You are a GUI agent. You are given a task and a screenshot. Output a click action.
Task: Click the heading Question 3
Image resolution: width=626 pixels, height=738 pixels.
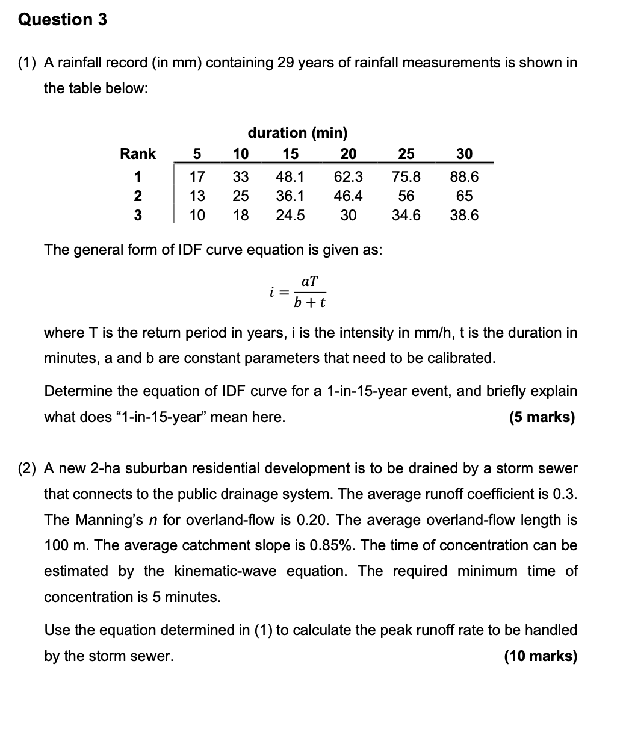(63, 19)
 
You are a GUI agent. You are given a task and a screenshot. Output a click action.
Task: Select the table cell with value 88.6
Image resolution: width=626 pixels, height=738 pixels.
(464, 177)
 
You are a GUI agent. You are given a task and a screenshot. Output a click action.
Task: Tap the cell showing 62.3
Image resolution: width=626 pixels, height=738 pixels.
(348, 177)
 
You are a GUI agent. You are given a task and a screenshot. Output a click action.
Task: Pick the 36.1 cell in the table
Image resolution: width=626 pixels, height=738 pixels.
(290, 196)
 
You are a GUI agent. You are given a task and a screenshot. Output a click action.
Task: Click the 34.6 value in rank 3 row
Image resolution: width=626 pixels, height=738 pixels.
(406, 216)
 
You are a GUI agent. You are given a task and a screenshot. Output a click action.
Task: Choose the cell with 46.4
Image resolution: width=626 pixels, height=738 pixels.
(348, 196)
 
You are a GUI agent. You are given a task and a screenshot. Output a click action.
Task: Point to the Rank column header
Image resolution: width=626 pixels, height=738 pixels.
(138, 154)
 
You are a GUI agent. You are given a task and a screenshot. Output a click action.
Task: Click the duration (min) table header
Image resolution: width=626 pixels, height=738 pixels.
(297, 132)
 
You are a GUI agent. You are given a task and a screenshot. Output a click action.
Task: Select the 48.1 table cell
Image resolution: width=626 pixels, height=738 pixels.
(290, 177)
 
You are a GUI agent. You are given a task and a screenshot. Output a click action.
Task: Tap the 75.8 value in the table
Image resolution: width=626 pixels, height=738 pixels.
(406, 177)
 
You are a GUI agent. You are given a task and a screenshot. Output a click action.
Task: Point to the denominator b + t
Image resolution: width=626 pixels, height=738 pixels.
(309, 302)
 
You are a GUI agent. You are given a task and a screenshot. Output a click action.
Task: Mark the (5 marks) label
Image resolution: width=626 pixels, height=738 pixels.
(542, 417)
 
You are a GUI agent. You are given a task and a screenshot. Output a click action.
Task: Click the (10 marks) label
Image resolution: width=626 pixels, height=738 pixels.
(540, 656)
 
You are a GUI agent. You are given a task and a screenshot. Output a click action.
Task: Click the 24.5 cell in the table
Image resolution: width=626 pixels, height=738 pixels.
(290, 216)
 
